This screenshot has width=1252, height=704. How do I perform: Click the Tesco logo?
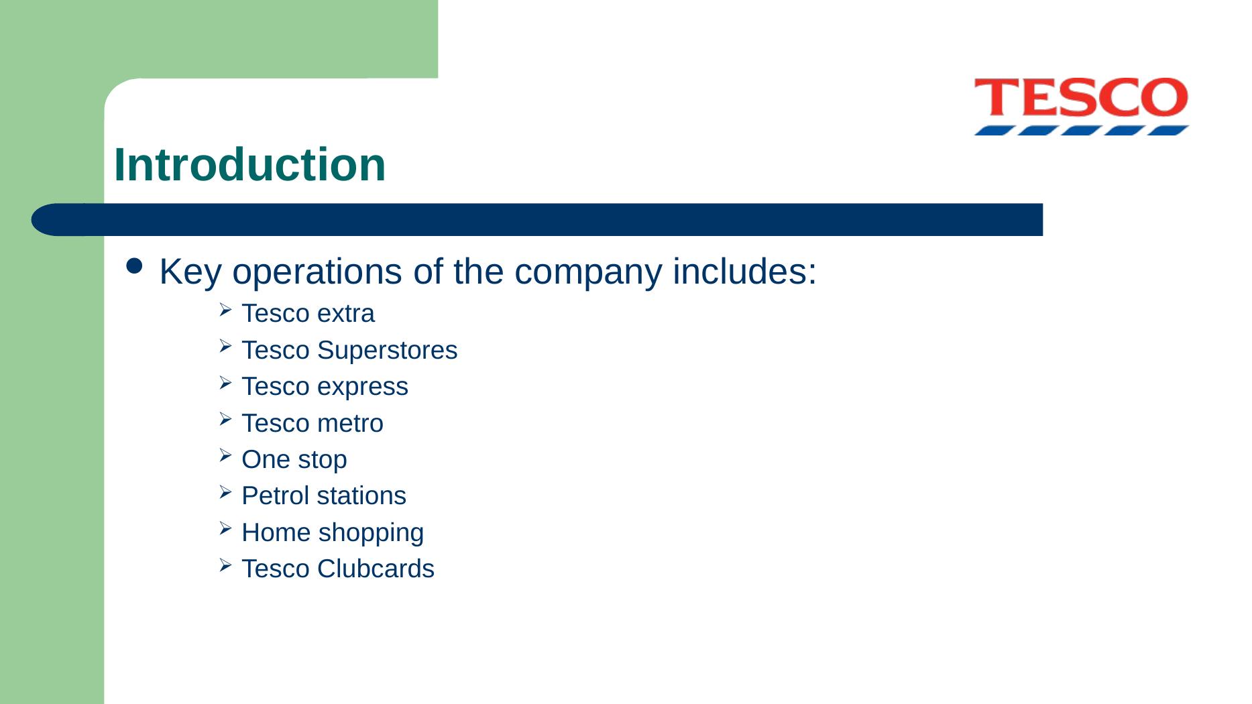(1080, 106)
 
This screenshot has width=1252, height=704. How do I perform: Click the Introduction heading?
(250, 164)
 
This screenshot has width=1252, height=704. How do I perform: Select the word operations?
(317, 273)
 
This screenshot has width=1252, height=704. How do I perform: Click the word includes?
(744, 272)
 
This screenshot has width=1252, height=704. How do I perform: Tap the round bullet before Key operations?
(134, 266)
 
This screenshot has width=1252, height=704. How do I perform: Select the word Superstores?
(387, 350)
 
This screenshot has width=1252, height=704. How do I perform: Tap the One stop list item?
(294, 460)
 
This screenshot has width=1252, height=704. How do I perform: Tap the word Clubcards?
(376, 569)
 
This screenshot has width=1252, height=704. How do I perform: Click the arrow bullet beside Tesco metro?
(225, 420)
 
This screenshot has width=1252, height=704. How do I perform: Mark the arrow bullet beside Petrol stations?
(225, 493)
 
